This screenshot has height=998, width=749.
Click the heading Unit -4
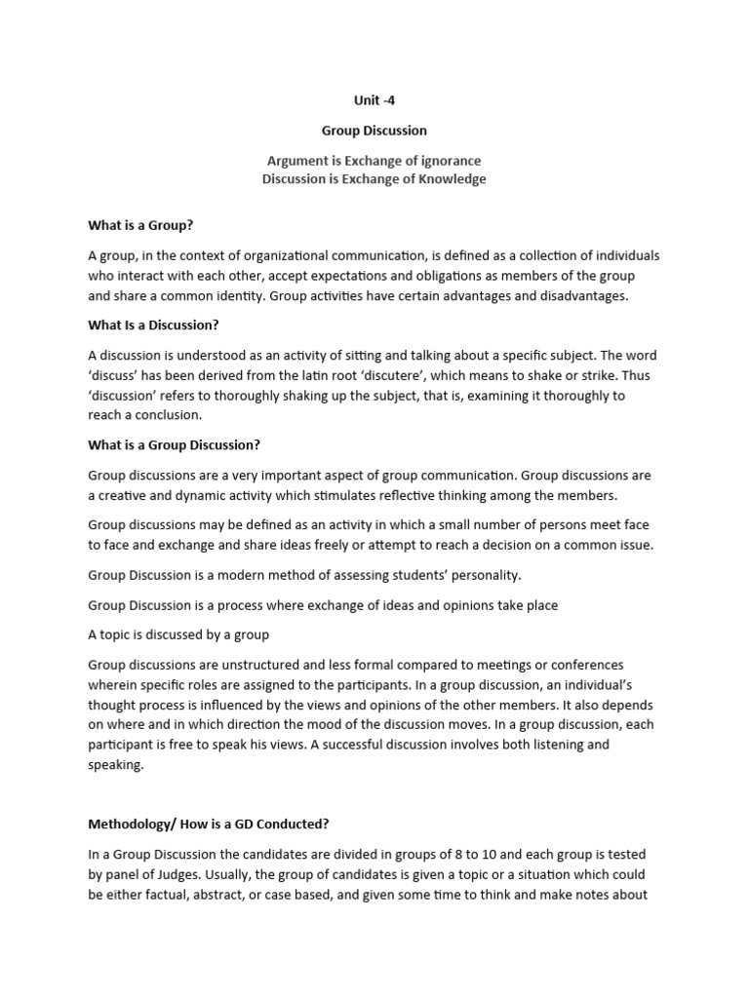(x=374, y=100)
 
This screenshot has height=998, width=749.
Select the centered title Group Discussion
(x=374, y=130)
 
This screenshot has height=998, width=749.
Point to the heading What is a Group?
(x=140, y=225)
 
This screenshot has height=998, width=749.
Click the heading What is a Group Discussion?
(x=175, y=444)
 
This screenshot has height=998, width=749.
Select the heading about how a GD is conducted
(x=209, y=824)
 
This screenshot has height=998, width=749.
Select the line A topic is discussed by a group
(x=178, y=634)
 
